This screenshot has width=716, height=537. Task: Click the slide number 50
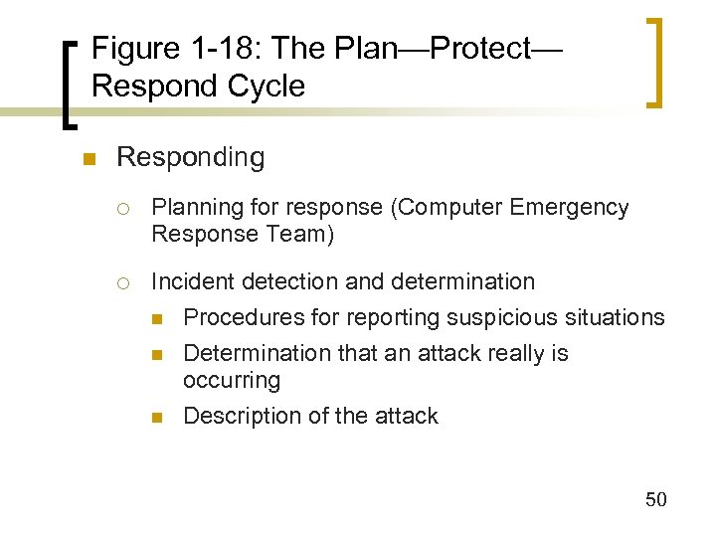[x=655, y=499]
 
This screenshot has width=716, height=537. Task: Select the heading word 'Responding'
[x=191, y=157]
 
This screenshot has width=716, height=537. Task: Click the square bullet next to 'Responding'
[x=89, y=159]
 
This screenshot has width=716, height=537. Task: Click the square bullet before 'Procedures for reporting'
[x=157, y=318]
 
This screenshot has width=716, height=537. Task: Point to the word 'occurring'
[x=232, y=380]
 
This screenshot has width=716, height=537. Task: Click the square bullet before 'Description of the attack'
[x=157, y=417]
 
